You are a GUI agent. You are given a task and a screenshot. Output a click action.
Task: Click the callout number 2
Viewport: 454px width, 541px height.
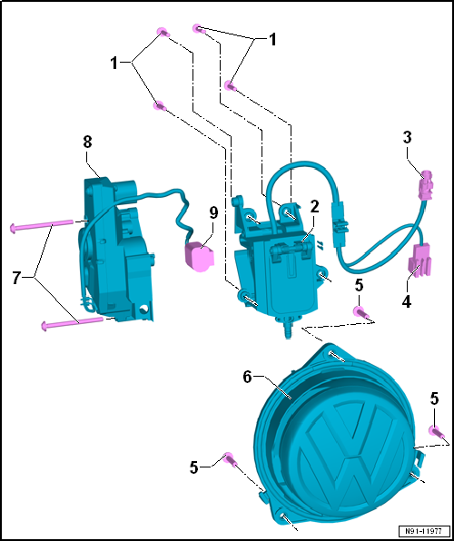tap(313, 207)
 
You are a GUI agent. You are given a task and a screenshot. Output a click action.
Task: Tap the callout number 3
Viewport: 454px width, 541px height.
tap(408, 138)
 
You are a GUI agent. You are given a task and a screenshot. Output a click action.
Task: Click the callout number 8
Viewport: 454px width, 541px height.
tap(87, 142)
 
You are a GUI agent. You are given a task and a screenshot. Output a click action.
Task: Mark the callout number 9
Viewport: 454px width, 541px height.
tap(213, 213)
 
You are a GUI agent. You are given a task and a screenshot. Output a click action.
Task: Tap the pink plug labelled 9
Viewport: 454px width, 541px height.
tap(196, 255)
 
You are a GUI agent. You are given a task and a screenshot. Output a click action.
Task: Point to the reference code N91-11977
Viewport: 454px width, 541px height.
tap(421, 530)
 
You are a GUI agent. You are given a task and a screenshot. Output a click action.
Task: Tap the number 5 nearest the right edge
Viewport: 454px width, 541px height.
tap(433, 398)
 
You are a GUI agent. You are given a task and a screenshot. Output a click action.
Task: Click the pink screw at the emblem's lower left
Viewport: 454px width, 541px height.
tap(231, 457)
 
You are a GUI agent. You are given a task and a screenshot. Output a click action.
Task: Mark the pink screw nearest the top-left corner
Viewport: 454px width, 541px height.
tap(163, 33)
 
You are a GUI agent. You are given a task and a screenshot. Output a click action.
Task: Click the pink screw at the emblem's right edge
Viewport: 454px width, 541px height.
tap(434, 432)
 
